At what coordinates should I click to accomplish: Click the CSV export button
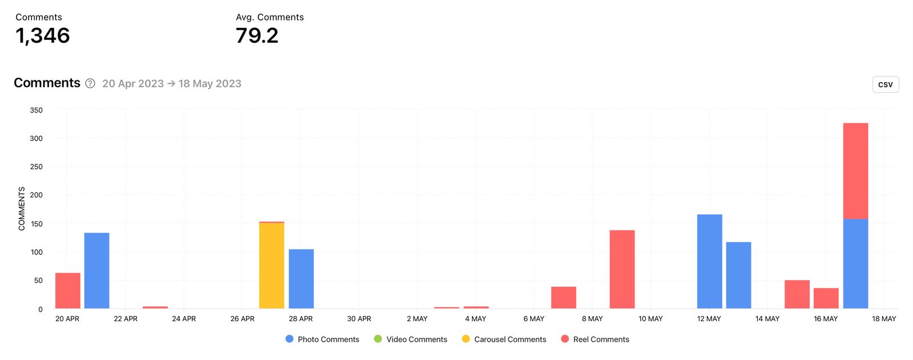point(885,84)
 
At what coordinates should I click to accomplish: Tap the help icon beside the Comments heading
point(90,83)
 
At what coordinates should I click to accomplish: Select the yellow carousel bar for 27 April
point(272,266)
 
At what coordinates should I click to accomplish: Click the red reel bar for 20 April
point(68,291)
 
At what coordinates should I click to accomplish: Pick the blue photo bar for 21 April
point(97,270)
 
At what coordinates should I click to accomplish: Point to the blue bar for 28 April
point(301,279)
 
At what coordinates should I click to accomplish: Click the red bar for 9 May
point(622,269)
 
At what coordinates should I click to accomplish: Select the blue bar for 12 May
point(709,261)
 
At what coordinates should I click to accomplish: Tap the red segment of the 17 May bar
point(855,171)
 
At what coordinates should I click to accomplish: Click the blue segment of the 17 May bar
point(855,264)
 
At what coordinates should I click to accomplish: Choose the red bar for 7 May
point(564,298)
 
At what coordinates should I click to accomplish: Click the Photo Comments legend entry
point(322,339)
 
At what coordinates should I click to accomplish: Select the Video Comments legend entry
point(411,339)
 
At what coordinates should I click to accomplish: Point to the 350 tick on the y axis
point(36,110)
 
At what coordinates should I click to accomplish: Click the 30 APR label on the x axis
point(359,319)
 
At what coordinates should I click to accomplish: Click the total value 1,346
point(43,36)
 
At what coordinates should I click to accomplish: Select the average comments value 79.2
point(257,36)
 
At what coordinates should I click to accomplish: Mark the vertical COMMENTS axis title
point(22,209)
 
